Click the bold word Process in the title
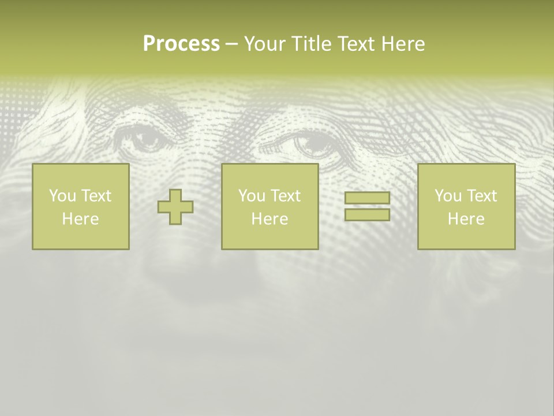[x=181, y=44]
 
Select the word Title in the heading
[x=311, y=44]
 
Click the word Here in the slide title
[x=403, y=44]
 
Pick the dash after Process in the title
[x=231, y=44]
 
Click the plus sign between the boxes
[x=175, y=207]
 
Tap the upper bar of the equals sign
[x=367, y=198]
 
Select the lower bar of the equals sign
[x=367, y=214]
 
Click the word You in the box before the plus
[x=62, y=196]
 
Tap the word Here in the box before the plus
[x=80, y=219]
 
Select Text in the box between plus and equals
[x=286, y=196]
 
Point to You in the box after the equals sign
[x=448, y=196]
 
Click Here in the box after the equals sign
[x=466, y=219]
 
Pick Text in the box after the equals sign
[x=482, y=196]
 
